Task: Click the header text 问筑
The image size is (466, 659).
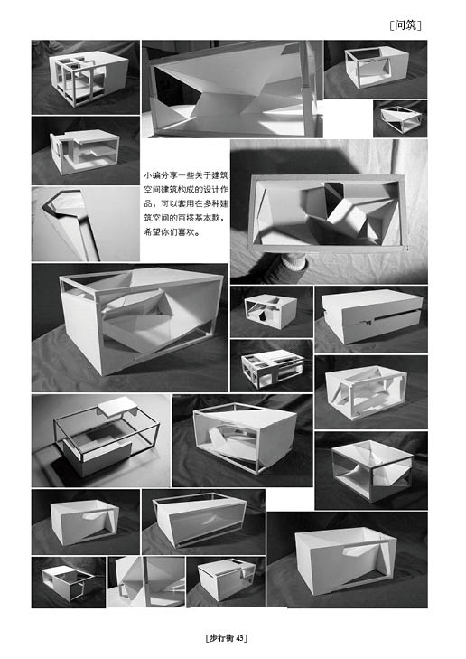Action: [405, 25]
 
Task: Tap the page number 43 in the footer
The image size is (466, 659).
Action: [239, 638]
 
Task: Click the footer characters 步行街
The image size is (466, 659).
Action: [221, 638]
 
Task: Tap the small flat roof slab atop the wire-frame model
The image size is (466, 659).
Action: [118, 406]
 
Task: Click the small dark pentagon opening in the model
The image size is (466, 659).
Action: [262, 316]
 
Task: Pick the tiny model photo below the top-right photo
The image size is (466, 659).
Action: [400, 118]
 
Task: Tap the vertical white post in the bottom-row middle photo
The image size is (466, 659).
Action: [146, 581]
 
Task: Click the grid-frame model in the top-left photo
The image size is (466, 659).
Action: [89, 78]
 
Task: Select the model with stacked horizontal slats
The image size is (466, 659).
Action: [272, 368]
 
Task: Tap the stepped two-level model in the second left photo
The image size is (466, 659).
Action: [84, 150]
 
